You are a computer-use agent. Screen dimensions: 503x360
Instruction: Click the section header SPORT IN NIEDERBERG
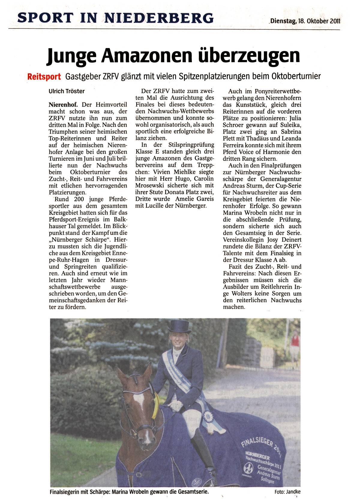pos(115,18)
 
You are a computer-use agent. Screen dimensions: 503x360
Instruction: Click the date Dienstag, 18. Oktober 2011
pos(305,21)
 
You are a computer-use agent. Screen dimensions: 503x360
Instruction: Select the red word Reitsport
pos(44,76)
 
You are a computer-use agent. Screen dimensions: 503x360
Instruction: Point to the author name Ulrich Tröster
pos(67,91)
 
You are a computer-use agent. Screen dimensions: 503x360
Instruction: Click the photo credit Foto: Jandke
pos(287,492)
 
